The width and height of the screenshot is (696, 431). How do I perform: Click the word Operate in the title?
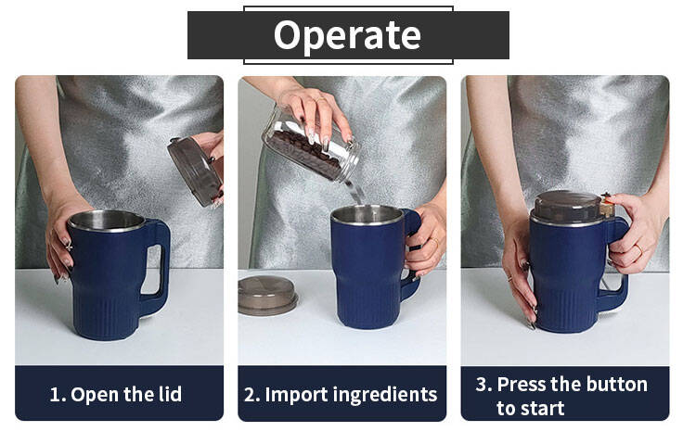(347, 35)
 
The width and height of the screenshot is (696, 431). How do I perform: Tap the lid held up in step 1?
(195, 171)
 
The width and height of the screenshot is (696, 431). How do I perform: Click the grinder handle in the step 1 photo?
(155, 267)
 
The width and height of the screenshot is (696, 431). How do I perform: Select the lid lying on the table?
(267, 296)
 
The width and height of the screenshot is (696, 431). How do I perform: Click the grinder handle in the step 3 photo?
(617, 266)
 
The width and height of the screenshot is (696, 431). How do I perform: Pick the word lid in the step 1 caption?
(169, 394)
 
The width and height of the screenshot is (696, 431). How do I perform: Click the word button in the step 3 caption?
(618, 384)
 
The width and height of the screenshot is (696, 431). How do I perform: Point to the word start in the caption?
(543, 409)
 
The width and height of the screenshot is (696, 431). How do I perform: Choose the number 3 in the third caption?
(481, 384)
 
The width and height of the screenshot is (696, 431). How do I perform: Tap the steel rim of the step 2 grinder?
(367, 221)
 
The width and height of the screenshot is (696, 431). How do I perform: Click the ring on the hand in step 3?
(638, 247)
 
